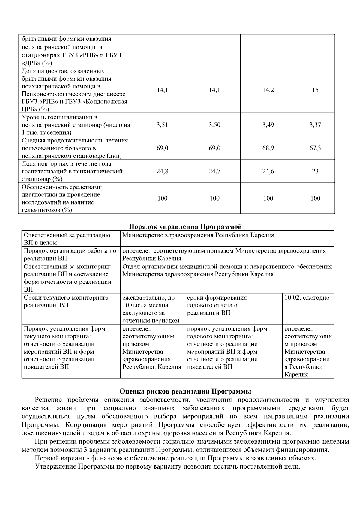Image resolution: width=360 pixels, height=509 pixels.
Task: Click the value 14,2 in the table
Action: click(x=268, y=90)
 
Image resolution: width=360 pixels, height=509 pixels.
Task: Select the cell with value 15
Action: click(x=315, y=90)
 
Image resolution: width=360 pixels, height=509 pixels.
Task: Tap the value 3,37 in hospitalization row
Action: click(x=315, y=125)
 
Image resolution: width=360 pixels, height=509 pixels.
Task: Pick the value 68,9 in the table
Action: click(x=268, y=148)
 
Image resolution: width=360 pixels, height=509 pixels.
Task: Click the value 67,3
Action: click(x=315, y=148)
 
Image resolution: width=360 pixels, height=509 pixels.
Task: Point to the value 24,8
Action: click(x=162, y=171)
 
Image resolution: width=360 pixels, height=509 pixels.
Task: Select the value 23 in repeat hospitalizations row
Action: click(x=315, y=171)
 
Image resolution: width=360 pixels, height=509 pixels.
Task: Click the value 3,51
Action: click(x=162, y=125)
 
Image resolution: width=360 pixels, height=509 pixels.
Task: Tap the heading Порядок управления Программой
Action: click(x=185, y=226)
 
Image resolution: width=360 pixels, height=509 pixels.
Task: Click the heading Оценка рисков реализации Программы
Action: click(x=185, y=391)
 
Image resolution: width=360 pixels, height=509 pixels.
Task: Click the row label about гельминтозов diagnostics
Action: click(x=62, y=198)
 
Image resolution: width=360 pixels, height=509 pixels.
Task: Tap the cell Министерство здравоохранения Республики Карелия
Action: click(x=198, y=235)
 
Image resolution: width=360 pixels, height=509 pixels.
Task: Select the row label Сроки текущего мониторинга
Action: click(x=66, y=301)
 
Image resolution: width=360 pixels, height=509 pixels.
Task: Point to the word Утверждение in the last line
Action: click(x=56, y=467)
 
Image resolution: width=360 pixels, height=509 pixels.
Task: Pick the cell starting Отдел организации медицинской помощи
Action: click(x=227, y=270)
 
